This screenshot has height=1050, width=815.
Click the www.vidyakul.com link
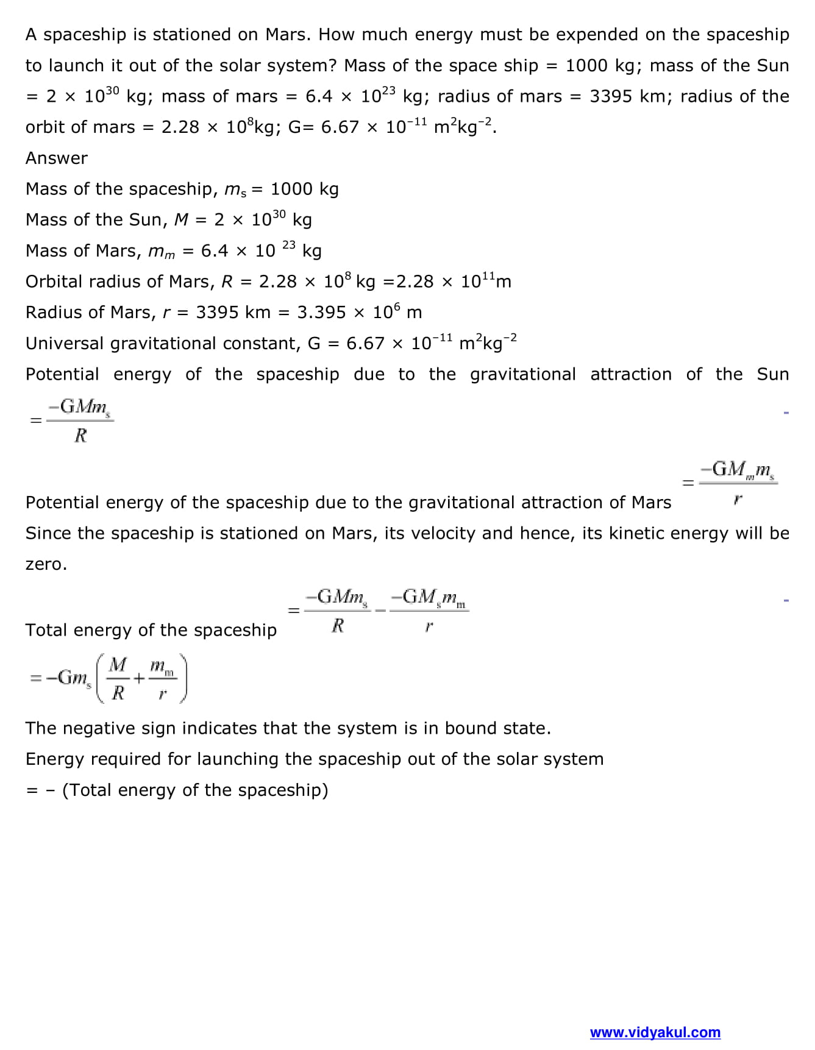(x=655, y=1032)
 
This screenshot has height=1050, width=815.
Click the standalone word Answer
(x=56, y=158)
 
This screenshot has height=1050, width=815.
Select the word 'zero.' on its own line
(x=46, y=564)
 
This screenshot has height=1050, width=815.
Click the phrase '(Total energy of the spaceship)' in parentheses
(x=195, y=790)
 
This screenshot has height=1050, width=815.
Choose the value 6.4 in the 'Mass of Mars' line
(x=215, y=250)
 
